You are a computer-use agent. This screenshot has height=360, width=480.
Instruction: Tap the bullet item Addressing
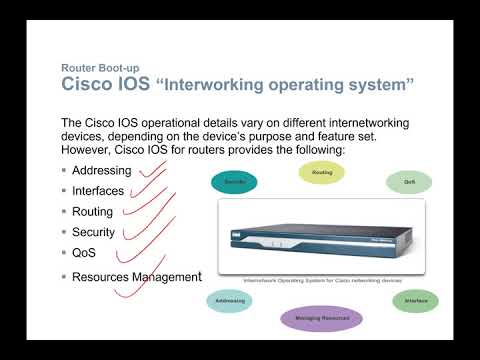(101, 170)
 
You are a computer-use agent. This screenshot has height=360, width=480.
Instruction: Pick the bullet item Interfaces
(98, 190)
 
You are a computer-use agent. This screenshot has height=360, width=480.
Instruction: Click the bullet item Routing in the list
(92, 211)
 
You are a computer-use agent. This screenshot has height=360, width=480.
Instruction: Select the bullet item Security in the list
(94, 232)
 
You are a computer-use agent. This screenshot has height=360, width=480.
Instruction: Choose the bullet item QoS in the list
(84, 253)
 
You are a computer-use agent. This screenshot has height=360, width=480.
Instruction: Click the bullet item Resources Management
(136, 276)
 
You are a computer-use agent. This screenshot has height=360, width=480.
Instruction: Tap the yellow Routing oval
(322, 172)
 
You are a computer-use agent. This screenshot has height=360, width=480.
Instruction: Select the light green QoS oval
(409, 182)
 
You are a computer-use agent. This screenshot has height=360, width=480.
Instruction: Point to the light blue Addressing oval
(229, 300)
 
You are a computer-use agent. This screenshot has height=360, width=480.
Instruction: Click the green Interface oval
(415, 300)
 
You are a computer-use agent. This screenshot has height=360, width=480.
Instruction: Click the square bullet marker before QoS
(64, 253)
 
